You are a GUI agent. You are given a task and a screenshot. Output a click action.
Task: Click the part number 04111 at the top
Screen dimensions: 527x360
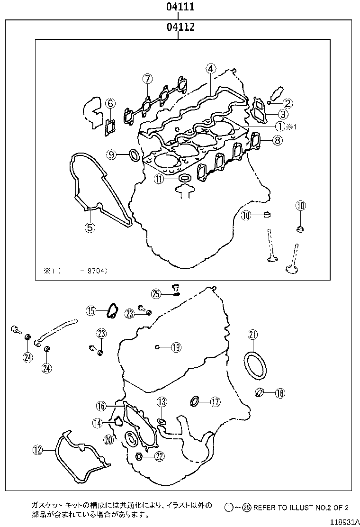[180, 7]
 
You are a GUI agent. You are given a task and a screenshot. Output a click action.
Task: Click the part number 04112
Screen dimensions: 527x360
[180, 28]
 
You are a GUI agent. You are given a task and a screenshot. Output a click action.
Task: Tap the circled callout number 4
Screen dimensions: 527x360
[211, 68]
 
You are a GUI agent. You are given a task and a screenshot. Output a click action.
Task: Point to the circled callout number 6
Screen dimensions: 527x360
[109, 102]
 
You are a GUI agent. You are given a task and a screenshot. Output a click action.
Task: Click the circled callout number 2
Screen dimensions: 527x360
[288, 102]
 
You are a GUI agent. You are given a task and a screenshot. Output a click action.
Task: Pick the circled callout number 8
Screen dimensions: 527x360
[277, 140]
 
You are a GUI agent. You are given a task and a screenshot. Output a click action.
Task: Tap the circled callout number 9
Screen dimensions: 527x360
[111, 154]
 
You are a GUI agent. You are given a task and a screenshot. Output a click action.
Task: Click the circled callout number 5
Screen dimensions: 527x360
[90, 227]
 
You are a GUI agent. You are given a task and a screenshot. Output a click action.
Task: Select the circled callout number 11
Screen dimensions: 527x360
[158, 179]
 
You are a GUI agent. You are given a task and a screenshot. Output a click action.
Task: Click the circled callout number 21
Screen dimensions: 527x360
[252, 335]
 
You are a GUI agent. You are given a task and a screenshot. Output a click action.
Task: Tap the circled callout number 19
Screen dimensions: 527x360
[176, 347]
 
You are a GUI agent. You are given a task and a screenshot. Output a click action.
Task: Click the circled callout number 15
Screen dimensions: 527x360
[91, 310]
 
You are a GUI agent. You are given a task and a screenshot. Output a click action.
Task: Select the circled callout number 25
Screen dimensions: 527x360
[157, 294]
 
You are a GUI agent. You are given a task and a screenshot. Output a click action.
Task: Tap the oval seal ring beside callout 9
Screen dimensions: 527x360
[134, 154]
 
